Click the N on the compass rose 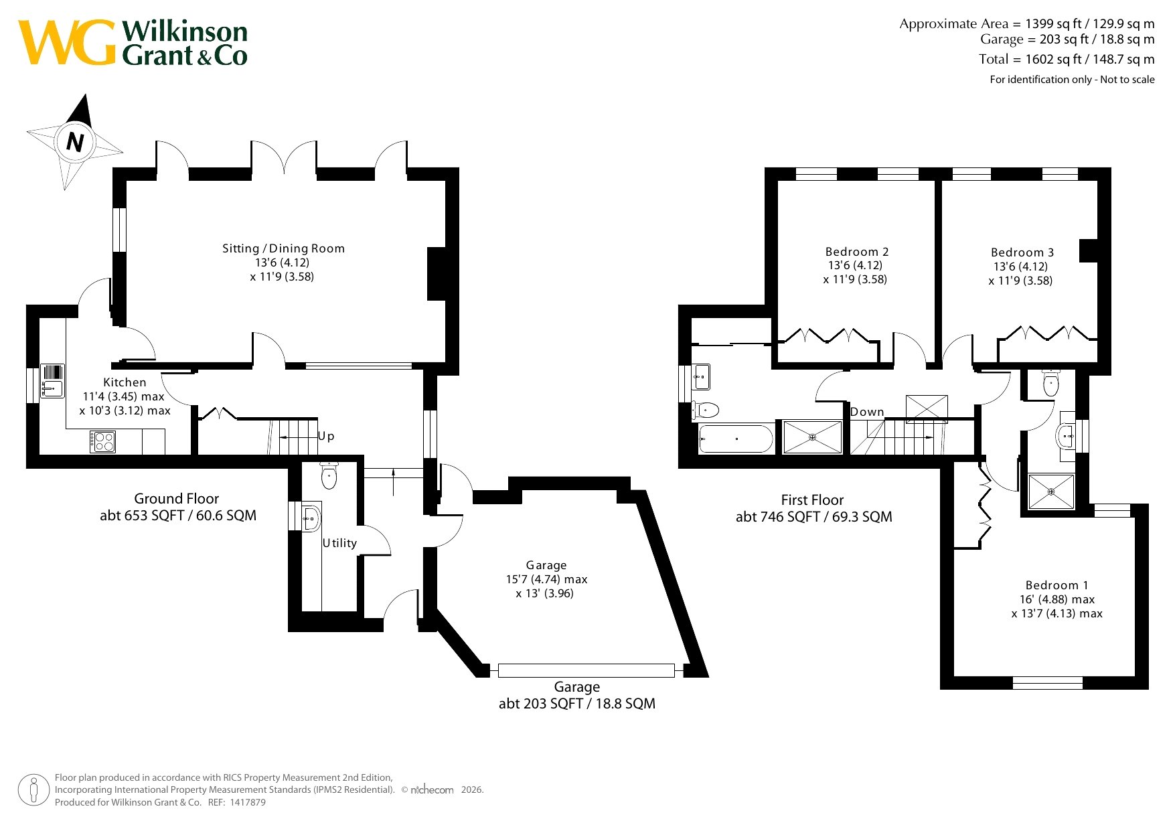pos(75,142)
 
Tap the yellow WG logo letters pos(67,43)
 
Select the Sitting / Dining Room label pos(284,248)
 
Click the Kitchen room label pos(125,382)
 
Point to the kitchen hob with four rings pos(103,442)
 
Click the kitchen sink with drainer pos(52,381)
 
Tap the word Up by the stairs pos(326,437)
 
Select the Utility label pos(339,543)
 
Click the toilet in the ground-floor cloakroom pos(329,475)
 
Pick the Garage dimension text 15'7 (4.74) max pos(546,579)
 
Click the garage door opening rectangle pos(586,670)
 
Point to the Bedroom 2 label pos(857,252)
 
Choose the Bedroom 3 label pos(1022,252)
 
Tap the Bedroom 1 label pos(1057,585)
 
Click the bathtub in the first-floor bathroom pos(736,439)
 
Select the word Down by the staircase pos(867,412)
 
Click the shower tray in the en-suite pos(1051,492)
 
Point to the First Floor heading pos(812,500)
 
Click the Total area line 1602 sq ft pos(1067,59)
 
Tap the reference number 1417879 pos(247,802)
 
